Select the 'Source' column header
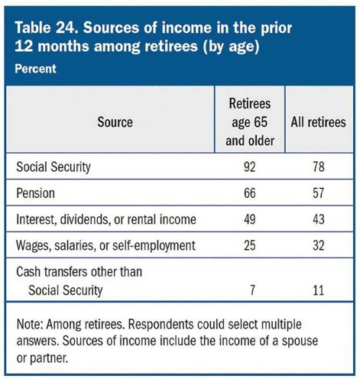click(115, 121)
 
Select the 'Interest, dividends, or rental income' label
click(105, 219)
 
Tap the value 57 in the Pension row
click(319, 195)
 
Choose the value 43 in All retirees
click(319, 219)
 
